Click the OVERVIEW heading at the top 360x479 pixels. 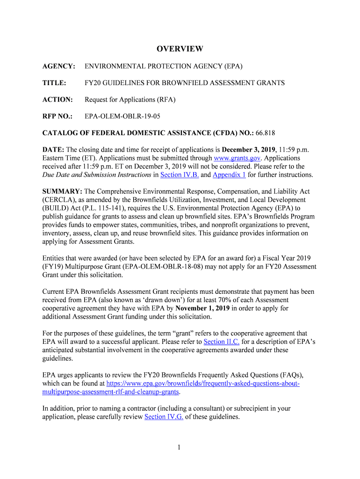pyautogui.click(x=180, y=49)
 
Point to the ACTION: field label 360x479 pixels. pyautogui.click(x=58, y=100)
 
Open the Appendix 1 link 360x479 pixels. pyautogui.click(x=229, y=175)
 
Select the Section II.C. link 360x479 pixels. pyautogui.click(x=222, y=342)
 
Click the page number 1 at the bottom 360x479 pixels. pyautogui.click(x=179, y=448)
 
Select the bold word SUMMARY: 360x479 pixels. pyautogui.click(x=62, y=192)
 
